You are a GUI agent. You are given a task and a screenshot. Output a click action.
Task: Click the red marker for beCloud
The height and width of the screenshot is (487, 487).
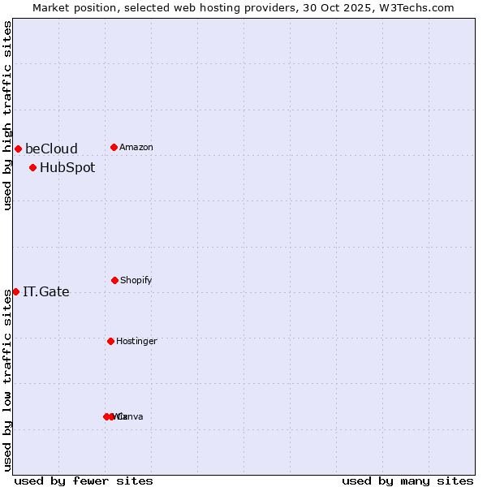point(18,149)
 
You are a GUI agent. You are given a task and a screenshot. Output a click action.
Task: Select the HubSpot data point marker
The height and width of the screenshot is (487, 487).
point(32,168)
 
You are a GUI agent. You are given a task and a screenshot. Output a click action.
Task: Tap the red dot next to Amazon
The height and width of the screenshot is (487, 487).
point(114,147)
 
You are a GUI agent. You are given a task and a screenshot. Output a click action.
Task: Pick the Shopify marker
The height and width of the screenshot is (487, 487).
point(114,280)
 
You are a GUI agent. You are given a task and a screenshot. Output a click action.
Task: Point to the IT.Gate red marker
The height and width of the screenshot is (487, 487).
point(15,291)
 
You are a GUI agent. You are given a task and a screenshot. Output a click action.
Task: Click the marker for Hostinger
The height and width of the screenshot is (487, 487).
point(110,341)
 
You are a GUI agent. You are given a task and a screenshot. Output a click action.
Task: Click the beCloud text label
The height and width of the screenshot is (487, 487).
point(51,149)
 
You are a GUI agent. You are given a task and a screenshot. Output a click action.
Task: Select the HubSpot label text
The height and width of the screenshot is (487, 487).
point(67,168)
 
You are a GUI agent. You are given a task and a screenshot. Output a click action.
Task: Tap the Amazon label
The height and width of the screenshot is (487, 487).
point(136,147)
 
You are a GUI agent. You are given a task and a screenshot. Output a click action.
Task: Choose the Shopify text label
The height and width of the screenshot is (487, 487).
point(136,280)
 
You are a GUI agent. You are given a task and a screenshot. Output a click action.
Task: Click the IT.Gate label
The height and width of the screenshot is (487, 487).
point(46,292)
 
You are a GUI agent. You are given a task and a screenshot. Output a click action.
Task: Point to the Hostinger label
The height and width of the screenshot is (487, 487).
point(136,341)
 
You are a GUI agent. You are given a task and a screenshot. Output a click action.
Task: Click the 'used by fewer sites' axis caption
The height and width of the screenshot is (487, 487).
point(84,481)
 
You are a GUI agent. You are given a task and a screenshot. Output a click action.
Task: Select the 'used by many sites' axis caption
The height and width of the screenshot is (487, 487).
point(407,481)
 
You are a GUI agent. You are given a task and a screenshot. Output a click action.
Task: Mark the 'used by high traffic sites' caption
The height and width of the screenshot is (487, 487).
point(7,115)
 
